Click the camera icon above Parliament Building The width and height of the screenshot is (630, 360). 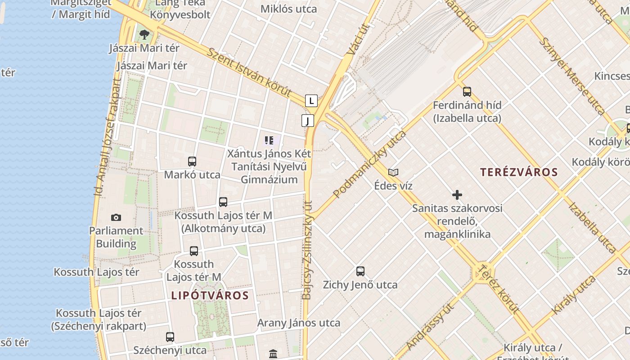click(x=116, y=218)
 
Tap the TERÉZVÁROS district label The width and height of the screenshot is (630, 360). click(x=519, y=172)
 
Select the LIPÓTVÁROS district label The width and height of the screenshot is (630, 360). click(x=210, y=295)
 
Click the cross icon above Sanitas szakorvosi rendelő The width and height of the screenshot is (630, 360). click(x=457, y=195)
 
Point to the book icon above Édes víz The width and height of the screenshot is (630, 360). click(x=393, y=172)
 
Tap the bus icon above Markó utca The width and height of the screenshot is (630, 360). click(x=192, y=161)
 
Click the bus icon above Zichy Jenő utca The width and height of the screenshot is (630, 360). click(x=360, y=271)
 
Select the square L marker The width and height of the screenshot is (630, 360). click(x=311, y=101)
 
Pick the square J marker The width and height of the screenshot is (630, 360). click(x=308, y=121)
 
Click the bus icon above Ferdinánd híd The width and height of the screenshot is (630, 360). click(x=467, y=92)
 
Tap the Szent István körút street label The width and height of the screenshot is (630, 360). click(x=249, y=72)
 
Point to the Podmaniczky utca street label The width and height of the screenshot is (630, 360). click(x=369, y=165)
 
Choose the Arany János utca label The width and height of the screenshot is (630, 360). click(x=299, y=323)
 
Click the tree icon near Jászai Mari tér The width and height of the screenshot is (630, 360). click(x=144, y=34)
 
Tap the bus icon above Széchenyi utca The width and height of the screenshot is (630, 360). click(x=170, y=337)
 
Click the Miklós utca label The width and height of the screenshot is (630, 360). click(x=289, y=9)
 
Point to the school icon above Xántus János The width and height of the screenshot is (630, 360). click(x=269, y=140)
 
